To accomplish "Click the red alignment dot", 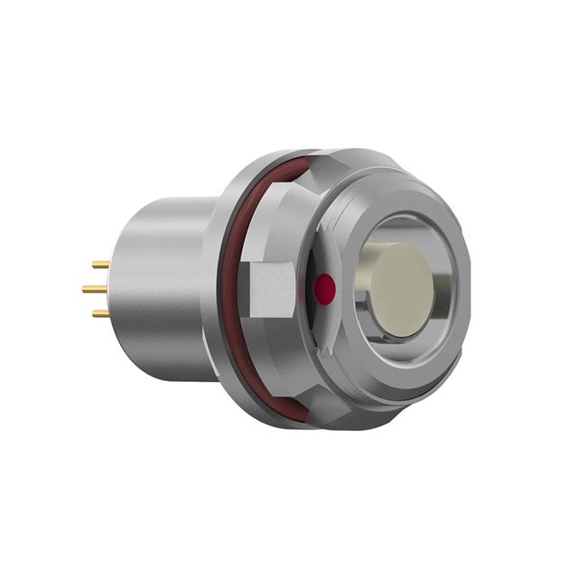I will point(322,289).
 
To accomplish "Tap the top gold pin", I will point(100,266).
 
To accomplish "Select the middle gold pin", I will point(95,289).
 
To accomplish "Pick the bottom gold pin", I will point(100,313).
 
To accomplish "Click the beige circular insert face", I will point(402,290).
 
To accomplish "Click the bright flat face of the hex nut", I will point(272,289).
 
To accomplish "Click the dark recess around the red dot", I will point(316,312).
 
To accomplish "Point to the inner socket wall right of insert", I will point(443,289).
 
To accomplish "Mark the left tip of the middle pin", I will point(84,289).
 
